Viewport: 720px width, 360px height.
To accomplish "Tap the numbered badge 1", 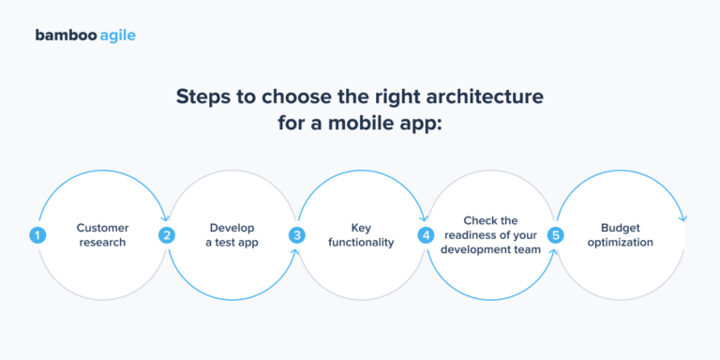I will tap(37, 235).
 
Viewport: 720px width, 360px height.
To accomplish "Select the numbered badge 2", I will tap(167, 235).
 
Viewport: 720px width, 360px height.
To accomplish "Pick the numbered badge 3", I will tap(296, 235).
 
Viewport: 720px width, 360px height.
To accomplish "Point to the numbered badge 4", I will tap(426, 235).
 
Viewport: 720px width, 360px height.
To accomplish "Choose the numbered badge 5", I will tap(555, 235).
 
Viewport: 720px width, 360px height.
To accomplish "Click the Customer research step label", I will tap(102, 234).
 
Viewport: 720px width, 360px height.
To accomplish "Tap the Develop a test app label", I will tap(232, 234).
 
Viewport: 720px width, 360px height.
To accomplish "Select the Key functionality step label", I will tap(361, 234).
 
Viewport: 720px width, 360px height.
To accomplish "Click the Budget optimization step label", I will tap(620, 234).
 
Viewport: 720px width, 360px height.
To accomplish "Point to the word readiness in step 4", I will tap(478, 234).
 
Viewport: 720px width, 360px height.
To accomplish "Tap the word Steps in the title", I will tap(202, 97).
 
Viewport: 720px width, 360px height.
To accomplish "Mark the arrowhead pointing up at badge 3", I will tap(296, 251).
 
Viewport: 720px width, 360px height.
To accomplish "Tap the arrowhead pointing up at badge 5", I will tap(555, 251).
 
